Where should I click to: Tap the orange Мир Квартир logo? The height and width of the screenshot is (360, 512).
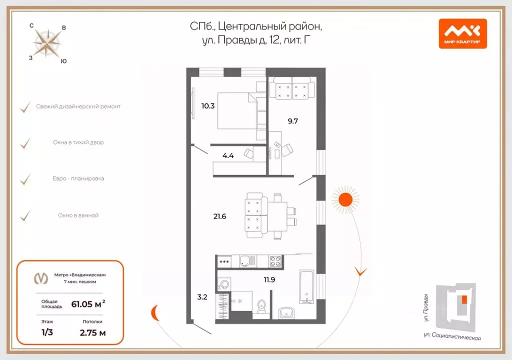(462, 33)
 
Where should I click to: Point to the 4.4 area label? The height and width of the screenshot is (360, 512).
(228, 155)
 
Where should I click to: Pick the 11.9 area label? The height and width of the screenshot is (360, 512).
(269, 279)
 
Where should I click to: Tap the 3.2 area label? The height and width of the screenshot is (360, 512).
(201, 297)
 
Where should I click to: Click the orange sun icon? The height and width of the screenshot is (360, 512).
(345, 199)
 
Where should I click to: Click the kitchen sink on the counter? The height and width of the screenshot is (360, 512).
(246, 260)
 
